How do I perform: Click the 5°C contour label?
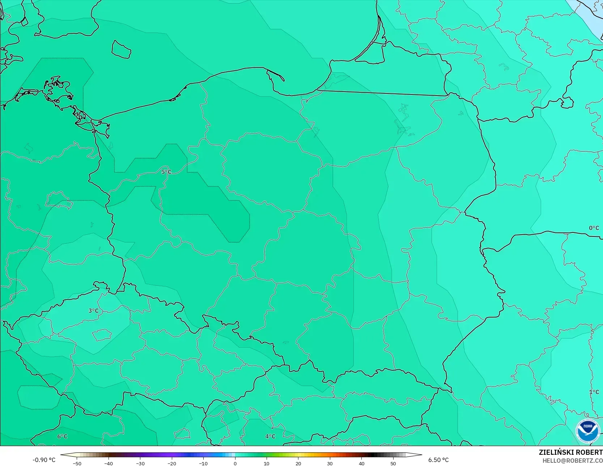click(x=166, y=172)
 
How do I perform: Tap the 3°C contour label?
click(x=93, y=311)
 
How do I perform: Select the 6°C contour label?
click(x=62, y=436)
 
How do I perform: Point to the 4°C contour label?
click(x=270, y=436)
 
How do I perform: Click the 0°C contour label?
click(x=594, y=228)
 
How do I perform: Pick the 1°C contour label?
click(x=594, y=392)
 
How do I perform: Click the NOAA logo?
click(x=587, y=431)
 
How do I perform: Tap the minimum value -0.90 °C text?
click(x=44, y=460)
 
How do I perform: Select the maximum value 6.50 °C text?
click(x=438, y=460)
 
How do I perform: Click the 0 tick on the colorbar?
click(x=235, y=463)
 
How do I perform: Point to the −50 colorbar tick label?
click(x=77, y=463)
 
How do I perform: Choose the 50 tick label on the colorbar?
click(x=393, y=463)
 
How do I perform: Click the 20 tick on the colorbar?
click(x=298, y=463)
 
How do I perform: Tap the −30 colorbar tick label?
click(x=140, y=463)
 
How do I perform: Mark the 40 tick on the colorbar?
click(x=362, y=463)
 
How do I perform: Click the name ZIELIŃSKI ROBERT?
click(x=570, y=452)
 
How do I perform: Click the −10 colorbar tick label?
click(x=203, y=463)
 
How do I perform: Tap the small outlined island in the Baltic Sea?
click(x=121, y=49)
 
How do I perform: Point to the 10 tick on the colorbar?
click(x=267, y=463)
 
